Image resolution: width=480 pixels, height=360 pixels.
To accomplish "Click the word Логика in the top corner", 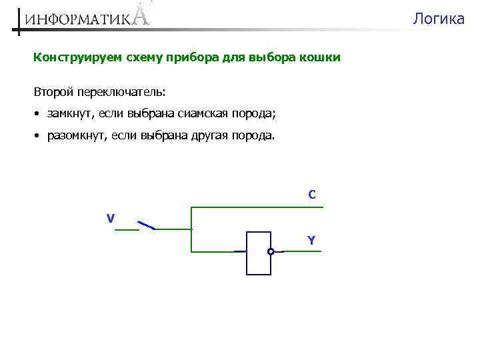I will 438,19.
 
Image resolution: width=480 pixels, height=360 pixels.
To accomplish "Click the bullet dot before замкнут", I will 38,114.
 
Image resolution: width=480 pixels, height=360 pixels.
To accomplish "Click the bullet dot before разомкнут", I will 38,136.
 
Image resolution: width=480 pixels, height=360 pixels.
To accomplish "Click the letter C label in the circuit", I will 312,195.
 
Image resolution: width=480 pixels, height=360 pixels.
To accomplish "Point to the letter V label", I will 111,218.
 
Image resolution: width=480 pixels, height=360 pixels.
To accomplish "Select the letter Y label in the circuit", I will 311,240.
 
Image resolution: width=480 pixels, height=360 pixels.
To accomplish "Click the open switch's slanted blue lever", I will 146,225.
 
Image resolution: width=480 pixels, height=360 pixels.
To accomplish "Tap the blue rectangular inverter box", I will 258,253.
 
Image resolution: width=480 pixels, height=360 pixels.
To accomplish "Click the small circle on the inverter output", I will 271,252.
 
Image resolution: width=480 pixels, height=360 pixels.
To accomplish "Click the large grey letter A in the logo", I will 141,14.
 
